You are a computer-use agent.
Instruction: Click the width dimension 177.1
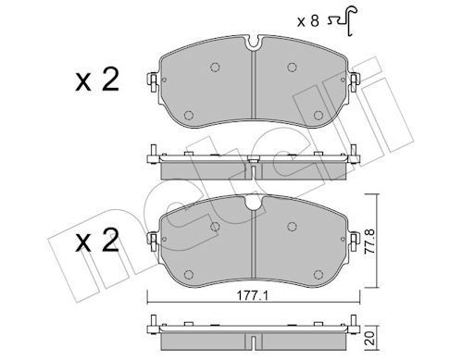point(243,297)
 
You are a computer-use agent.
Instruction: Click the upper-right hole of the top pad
point(293,67)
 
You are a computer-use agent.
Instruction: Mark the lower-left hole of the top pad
point(189,115)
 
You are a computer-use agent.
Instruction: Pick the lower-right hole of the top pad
point(318,115)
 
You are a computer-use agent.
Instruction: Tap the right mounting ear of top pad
point(354,84)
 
